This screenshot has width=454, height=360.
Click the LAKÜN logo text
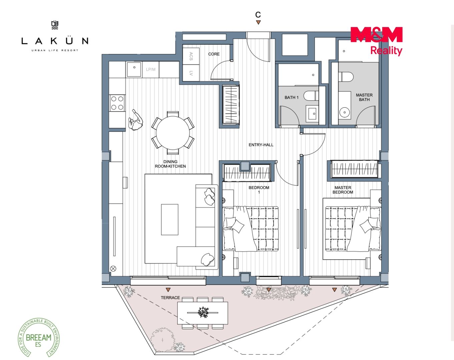tap(55, 41)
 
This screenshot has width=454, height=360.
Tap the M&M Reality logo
tap(376, 41)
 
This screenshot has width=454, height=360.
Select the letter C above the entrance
tap(258, 15)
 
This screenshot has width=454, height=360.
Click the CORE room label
tap(214, 54)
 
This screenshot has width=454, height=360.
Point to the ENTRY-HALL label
tap(261, 145)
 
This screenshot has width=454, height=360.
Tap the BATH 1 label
tap(291, 97)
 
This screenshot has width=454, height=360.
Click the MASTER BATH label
tap(364, 97)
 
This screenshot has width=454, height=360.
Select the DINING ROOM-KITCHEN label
tap(170, 164)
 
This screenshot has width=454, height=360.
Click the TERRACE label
tap(170, 298)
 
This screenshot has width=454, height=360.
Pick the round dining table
tap(173, 133)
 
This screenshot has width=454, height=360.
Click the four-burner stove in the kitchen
tap(117, 103)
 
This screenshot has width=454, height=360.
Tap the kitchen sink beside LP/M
tap(134, 69)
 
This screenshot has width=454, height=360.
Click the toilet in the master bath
tap(346, 77)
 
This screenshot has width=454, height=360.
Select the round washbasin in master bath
tap(345, 112)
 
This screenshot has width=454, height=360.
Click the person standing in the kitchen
tap(135, 120)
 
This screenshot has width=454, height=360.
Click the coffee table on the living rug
tap(169, 220)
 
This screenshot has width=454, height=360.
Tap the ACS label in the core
tap(191, 56)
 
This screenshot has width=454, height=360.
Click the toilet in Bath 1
tap(311, 96)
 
